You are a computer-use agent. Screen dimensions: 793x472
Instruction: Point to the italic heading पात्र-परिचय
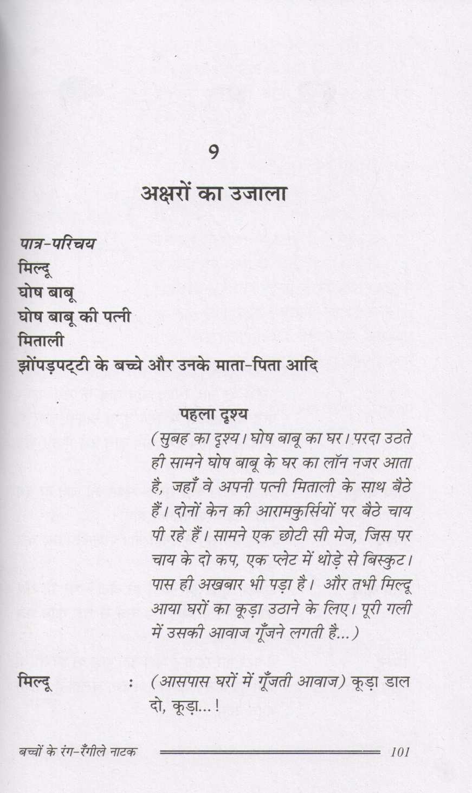[x=56, y=244]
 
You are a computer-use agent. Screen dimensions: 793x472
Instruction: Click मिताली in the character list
[x=41, y=342]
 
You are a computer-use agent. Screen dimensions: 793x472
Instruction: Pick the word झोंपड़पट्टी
[x=53, y=366]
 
